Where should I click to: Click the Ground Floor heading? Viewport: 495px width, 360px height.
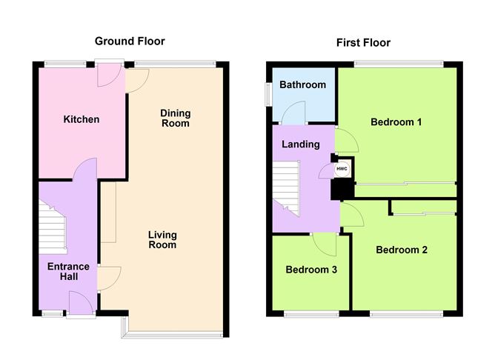click(130, 41)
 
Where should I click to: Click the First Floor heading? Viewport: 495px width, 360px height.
click(363, 43)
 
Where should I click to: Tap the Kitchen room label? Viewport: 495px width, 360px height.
click(82, 119)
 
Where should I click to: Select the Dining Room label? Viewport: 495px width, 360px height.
click(176, 118)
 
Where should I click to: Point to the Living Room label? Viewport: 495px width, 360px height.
click(162, 239)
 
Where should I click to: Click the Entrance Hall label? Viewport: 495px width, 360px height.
click(68, 271)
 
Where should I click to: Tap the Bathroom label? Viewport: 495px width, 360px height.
click(303, 84)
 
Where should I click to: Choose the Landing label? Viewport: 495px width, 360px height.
click(301, 144)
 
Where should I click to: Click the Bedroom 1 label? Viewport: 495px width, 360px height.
click(396, 121)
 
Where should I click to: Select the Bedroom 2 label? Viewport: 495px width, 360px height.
click(402, 250)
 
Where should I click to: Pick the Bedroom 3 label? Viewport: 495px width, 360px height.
click(311, 270)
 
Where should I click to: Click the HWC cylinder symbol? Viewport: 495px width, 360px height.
click(342, 169)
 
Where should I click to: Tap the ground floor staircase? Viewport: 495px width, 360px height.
click(53, 228)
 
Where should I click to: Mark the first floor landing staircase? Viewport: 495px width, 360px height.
click(286, 189)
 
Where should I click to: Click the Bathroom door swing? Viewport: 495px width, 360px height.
click(293, 113)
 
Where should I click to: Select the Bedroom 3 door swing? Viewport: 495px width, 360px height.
click(325, 244)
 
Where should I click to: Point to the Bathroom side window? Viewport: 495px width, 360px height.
click(269, 94)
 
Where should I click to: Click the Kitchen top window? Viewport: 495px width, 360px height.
click(65, 64)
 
